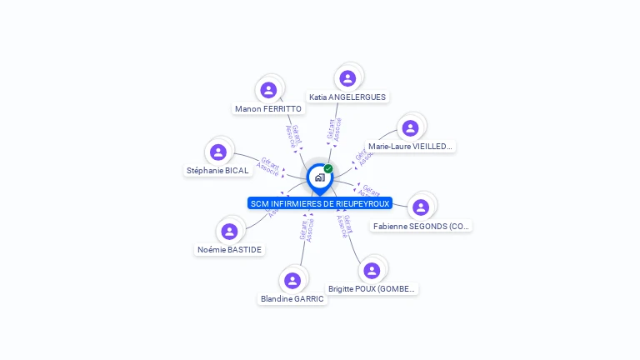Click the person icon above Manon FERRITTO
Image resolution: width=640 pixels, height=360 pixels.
pyautogui.click(x=268, y=90)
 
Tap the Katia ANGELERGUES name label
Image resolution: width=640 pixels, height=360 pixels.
pyautogui.click(x=347, y=97)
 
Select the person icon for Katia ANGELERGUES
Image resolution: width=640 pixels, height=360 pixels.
pyautogui.click(x=348, y=78)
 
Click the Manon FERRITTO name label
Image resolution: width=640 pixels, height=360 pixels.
pyautogui.click(x=268, y=108)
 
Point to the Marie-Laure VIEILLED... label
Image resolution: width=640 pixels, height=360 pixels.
pyautogui.click(x=411, y=146)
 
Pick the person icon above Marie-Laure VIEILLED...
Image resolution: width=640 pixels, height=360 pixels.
pyautogui.click(x=410, y=128)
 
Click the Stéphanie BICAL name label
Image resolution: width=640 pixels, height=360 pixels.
pyautogui.click(x=217, y=170)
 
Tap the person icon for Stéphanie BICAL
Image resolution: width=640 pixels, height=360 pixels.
pyautogui.click(x=218, y=152)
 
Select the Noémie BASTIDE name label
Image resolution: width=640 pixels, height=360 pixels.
pyautogui.click(x=229, y=249)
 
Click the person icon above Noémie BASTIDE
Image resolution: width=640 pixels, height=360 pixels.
pyautogui.click(x=230, y=231)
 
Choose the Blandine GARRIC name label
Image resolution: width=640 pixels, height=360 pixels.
pyautogui.click(x=292, y=298)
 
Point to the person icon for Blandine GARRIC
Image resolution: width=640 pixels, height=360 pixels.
pyautogui.click(x=292, y=280)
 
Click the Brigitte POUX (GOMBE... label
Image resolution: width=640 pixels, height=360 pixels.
pyautogui.click(x=372, y=288)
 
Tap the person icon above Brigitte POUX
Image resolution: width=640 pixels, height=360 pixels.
pyautogui.click(x=372, y=270)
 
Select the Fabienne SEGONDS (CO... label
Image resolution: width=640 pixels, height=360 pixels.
pyautogui.click(x=421, y=226)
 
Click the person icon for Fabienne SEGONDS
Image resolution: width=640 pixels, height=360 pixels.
pyautogui.click(x=421, y=207)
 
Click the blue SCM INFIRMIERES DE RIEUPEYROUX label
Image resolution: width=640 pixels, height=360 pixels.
pyautogui.click(x=320, y=203)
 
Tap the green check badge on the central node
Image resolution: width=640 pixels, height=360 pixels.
pyautogui.click(x=328, y=169)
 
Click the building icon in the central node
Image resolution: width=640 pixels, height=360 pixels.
pyautogui.click(x=319, y=177)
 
